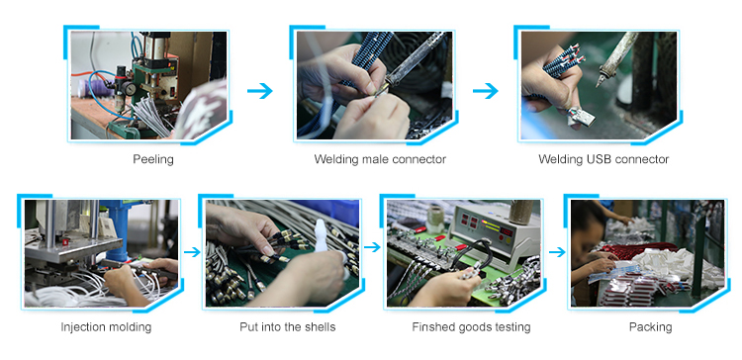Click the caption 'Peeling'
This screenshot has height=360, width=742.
[152, 159]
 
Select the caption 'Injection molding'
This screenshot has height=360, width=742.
[106, 327]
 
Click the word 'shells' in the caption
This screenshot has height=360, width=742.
[322, 327]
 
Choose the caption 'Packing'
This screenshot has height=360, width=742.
[650, 327]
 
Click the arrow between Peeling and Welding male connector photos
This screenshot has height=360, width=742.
[260, 90]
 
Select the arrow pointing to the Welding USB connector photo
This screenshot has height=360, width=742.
[486, 90]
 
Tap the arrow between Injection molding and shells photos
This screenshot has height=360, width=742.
[192, 252]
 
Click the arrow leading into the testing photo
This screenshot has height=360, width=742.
[372, 247]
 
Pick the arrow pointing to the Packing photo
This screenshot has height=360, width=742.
[557, 252]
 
